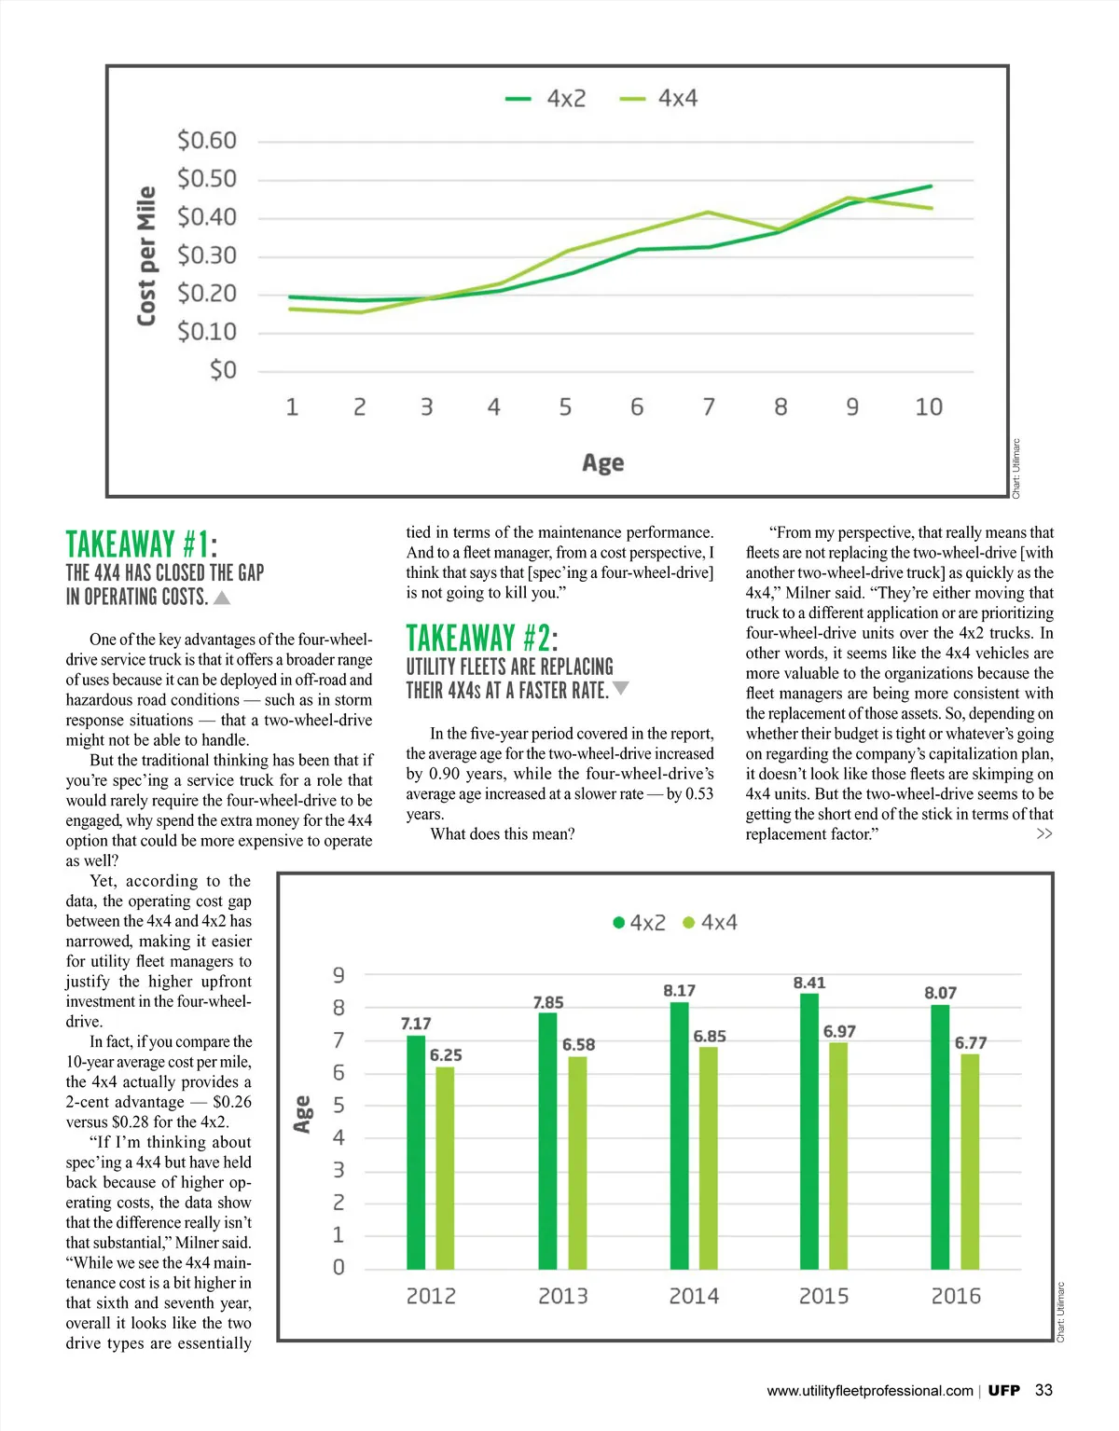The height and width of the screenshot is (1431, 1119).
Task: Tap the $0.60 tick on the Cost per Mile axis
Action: pos(207,141)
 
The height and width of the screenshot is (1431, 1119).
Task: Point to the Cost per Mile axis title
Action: pos(146,256)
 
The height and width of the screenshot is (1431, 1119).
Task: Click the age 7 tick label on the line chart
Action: pos(709,407)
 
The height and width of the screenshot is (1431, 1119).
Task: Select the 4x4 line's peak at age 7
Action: pos(709,213)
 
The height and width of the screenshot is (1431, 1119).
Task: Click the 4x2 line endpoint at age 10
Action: pos(930,186)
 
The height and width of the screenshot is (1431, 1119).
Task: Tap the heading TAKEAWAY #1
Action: pos(141,544)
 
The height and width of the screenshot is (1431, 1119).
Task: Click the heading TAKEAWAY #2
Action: pos(481,639)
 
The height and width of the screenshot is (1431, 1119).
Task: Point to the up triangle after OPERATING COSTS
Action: pos(222,598)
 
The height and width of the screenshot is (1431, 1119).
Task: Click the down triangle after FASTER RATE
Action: pos(621,689)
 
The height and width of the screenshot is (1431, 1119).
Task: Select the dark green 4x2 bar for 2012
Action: pos(416,1151)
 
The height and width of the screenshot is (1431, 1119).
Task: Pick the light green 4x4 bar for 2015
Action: pos(838,1155)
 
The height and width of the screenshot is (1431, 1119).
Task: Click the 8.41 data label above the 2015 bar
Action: pos(809,983)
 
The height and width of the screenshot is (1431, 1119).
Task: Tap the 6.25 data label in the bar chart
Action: pos(446,1055)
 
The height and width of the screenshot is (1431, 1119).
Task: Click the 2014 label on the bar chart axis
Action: pos(694,1296)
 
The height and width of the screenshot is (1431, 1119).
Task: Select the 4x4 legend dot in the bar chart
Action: pos(689,923)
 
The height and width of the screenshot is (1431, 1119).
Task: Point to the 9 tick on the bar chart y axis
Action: pos(338,975)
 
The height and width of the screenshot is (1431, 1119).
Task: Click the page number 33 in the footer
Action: pos(1043,1390)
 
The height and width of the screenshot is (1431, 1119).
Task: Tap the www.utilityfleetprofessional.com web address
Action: pos(869,1391)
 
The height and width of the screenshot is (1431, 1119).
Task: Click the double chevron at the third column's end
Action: pos(1044,833)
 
